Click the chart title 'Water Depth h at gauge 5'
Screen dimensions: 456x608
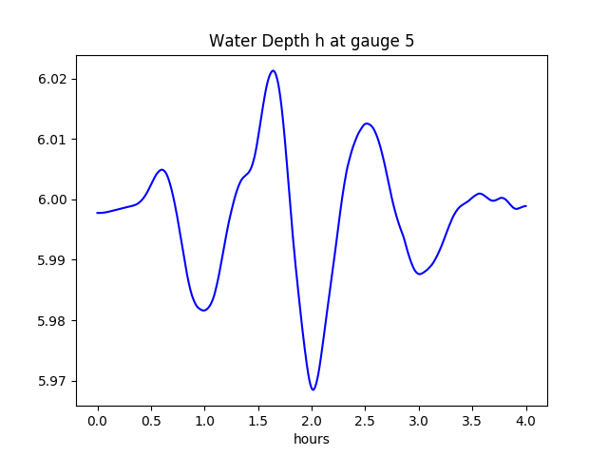click(x=311, y=41)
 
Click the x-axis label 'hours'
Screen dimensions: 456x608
click(x=311, y=439)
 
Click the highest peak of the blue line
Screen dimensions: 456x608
click(x=273, y=70)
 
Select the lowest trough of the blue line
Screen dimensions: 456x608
click(x=313, y=389)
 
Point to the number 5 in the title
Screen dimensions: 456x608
click(x=408, y=41)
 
